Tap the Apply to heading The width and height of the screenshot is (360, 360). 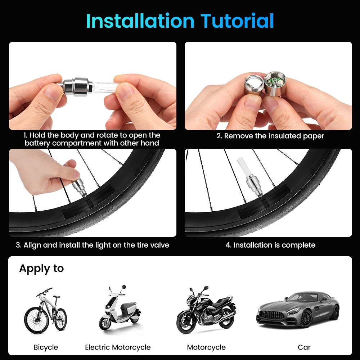pos(41,269)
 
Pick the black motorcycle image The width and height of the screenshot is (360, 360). pos(206,310)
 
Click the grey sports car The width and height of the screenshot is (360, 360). pos(298,309)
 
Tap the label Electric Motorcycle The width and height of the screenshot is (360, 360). pos(118,347)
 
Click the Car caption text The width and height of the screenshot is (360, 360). pos(304,347)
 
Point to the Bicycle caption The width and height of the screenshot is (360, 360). pos(46,347)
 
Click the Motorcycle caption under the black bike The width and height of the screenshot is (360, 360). pos(206,347)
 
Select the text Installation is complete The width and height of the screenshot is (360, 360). pos(270,245)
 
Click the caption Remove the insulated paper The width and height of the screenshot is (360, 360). pos(270,136)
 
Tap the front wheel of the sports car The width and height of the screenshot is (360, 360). pos(306,319)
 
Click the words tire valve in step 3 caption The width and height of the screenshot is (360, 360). pos(151,245)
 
